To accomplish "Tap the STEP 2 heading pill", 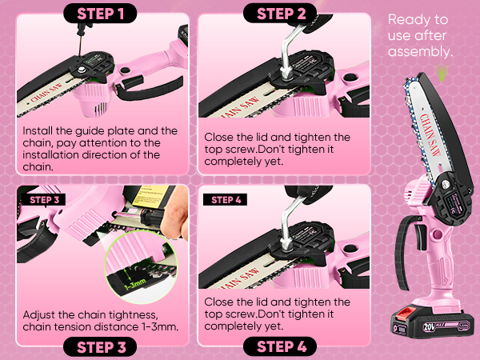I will (281, 14).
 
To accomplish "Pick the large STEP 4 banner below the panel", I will (281, 346).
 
